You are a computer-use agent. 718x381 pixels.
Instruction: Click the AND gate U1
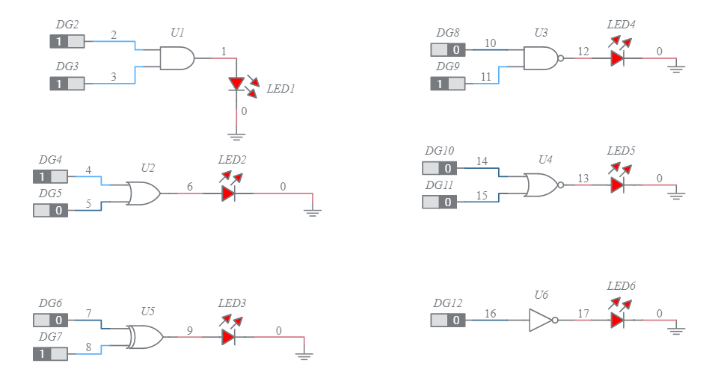(x=177, y=58)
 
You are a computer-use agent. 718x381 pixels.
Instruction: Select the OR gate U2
(x=143, y=193)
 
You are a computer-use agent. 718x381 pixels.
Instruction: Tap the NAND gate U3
(x=541, y=58)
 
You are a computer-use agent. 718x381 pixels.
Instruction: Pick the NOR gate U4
(x=540, y=185)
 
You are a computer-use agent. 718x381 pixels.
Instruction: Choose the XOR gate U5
(x=144, y=337)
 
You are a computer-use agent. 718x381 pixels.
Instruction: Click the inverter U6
(x=541, y=320)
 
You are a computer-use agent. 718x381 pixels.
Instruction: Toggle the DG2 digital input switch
(x=67, y=42)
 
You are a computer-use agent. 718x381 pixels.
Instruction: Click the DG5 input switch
(x=50, y=210)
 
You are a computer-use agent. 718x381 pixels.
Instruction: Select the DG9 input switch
(x=447, y=84)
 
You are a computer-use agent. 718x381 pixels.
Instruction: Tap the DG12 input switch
(x=447, y=320)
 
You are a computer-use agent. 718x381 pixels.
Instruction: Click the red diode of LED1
(x=236, y=84)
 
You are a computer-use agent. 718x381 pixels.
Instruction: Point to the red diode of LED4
(x=617, y=58)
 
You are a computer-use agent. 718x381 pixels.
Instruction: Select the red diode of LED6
(x=617, y=320)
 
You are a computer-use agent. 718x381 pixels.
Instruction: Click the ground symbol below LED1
(x=236, y=136)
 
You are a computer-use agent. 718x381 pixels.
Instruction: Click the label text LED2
(x=232, y=160)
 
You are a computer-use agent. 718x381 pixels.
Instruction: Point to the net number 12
(x=583, y=51)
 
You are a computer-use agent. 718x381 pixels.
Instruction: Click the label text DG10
(x=439, y=151)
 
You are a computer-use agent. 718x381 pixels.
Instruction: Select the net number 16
(x=491, y=313)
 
